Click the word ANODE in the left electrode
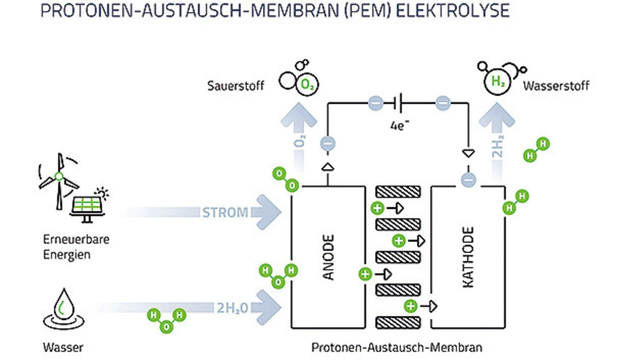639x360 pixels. tap(328, 257)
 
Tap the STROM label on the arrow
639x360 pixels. tap(225, 212)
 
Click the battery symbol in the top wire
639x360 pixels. tap(398, 103)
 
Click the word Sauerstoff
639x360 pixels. tap(236, 85)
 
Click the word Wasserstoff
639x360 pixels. tap(556, 85)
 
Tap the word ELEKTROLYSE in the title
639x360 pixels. tap(452, 11)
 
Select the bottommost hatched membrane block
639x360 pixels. tap(398, 322)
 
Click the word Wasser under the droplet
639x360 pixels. tap(63, 347)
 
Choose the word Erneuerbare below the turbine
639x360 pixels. tap(76, 240)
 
